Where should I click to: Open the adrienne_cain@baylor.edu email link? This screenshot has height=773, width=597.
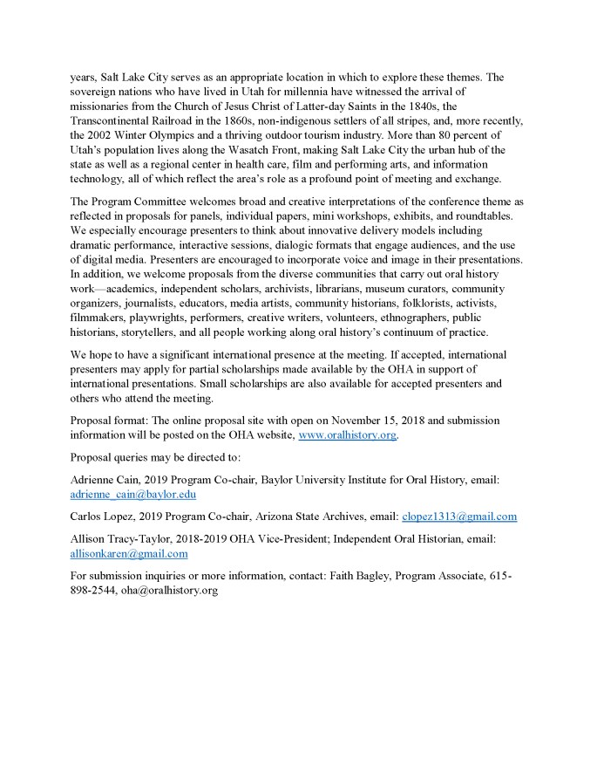(x=133, y=493)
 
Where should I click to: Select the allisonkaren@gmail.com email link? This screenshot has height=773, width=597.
(x=129, y=552)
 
